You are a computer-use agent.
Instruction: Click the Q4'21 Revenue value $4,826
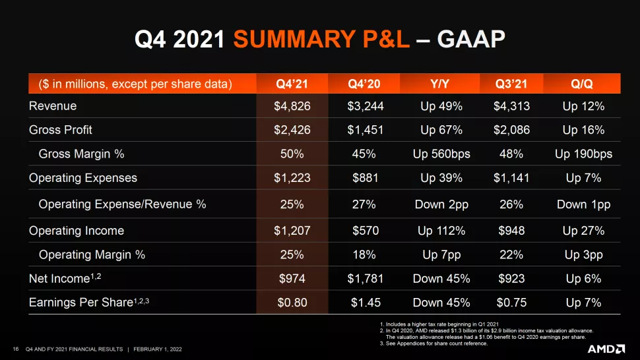coord(292,106)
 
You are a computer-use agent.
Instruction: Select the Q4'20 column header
coord(364,84)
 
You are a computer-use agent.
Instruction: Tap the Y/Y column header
coord(441,84)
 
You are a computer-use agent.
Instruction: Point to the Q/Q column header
coord(583,84)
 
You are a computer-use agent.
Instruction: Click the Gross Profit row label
coord(61,130)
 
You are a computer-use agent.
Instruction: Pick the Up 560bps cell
coord(441,154)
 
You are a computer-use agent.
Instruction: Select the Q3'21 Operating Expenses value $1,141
coord(511,178)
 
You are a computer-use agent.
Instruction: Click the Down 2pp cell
coord(441,204)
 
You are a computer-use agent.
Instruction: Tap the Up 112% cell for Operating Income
coord(441,231)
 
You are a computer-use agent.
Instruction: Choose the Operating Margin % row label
coord(92,255)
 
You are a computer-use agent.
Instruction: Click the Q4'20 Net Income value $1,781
coord(364,279)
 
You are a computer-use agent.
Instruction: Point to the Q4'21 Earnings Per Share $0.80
coord(292,303)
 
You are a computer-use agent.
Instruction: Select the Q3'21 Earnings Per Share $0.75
coord(511,303)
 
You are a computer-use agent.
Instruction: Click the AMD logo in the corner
coord(606,347)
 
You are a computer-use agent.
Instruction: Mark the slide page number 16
coord(16,348)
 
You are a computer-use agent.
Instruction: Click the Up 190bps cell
coord(583,154)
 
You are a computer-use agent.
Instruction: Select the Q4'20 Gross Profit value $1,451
coord(364,130)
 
